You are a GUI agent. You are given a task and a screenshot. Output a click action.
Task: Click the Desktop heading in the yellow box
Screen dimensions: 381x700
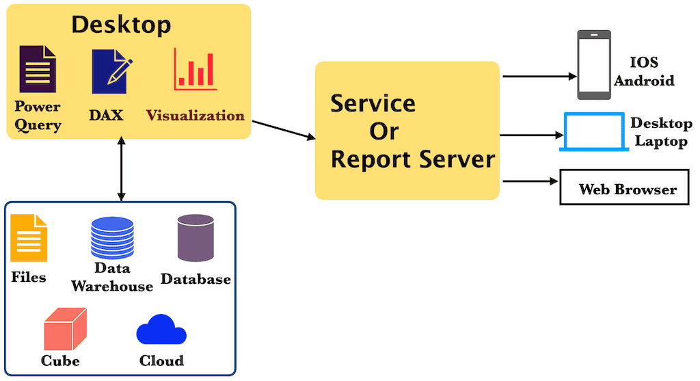click(x=121, y=25)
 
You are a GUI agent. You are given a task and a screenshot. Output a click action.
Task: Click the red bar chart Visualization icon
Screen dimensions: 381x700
click(x=195, y=69)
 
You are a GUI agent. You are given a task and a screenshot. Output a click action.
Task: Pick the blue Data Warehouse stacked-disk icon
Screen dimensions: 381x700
click(x=112, y=236)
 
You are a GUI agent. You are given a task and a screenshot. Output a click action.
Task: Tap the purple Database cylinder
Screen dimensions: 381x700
click(x=196, y=237)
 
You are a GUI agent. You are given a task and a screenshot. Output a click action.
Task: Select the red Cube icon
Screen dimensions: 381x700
click(x=65, y=330)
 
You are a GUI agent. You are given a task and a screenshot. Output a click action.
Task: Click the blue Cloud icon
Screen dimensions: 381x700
click(x=161, y=330)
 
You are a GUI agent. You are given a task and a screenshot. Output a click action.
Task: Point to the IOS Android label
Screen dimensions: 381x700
click(x=644, y=71)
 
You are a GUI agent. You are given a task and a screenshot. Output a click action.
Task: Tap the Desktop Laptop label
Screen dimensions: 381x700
click(x=658, y=132)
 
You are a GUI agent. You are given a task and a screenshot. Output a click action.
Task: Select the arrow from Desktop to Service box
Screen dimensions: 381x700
click(x=284, y=130)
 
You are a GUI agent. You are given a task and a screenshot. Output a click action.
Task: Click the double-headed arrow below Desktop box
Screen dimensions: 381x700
click(x=121, y=168)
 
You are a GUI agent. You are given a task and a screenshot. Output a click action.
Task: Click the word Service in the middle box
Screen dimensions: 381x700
click(x=373, y=104)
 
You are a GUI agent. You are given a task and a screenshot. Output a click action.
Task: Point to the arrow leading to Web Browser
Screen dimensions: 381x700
click(x=529, y=181)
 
